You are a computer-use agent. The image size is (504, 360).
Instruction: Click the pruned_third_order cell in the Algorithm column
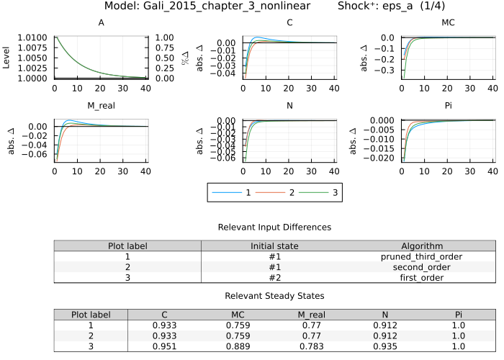(x=421, y=256)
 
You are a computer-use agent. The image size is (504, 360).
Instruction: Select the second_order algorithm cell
(x=421, y=266)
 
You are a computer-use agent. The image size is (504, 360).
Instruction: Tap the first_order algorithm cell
(x=421, y=276)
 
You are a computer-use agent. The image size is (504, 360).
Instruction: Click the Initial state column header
(x=274, y=246)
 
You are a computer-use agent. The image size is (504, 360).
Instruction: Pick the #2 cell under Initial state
(x=274, y=276)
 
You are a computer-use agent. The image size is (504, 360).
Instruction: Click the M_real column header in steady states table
(x=312, y=315)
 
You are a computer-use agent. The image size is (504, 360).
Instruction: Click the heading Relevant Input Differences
(x=274, y=227)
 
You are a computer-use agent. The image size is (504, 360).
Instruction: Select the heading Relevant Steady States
(x=274, y=296)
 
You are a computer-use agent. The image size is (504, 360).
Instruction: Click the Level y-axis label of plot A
(x=7, y=58)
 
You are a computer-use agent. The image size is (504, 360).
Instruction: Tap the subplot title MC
(x=432, y=23)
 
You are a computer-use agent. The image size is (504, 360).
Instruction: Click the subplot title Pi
(x=432, y=107)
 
